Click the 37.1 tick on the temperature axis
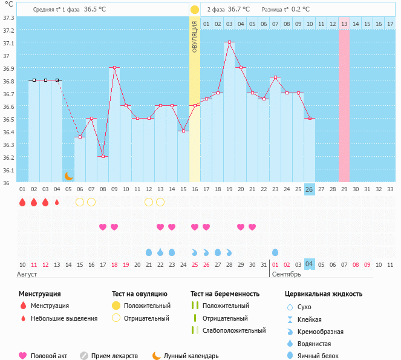pos(8,44)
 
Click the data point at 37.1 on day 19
pos(229,42)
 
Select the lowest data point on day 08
pos(103,156)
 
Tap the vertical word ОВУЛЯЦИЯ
pos(195,36)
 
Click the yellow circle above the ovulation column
pos(195,10)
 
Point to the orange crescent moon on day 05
pos(68,176)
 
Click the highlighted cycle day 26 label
pos(309,189)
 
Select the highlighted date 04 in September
pos(309,264)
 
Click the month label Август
pos(28,274)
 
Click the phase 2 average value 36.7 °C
pos(241,10)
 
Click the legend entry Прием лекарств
pos(114,356)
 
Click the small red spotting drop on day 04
pos(57,202)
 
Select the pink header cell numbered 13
pos(344,24)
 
